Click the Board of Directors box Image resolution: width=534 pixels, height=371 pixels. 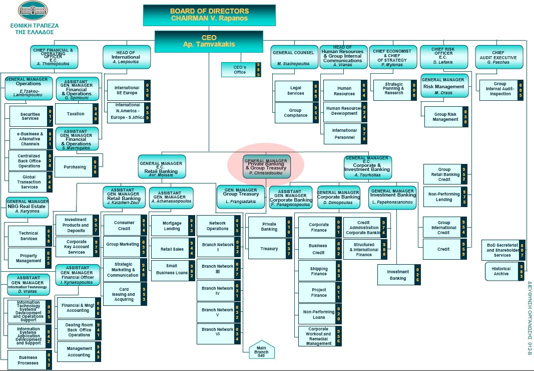(209, 15)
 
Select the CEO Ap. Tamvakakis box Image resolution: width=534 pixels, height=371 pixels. (209, 41)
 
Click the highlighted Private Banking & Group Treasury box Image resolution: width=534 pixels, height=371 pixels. (266, 166)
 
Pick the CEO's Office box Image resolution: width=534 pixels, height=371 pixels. (241, 70)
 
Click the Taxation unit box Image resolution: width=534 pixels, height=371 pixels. (77, 114)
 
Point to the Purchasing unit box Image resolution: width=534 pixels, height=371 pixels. (75, 167)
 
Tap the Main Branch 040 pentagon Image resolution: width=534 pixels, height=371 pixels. (262, 350)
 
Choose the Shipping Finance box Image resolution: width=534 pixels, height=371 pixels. (319, 271)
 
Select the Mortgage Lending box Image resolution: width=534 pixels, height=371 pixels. (172, 226)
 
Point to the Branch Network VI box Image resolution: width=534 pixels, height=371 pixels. (218, 332)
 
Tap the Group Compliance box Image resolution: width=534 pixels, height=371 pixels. (296, 113)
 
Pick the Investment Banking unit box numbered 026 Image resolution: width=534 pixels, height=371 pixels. (398, 275)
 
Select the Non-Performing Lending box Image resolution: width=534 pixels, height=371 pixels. (444, 197)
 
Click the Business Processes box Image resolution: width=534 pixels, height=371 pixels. (29, 360)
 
